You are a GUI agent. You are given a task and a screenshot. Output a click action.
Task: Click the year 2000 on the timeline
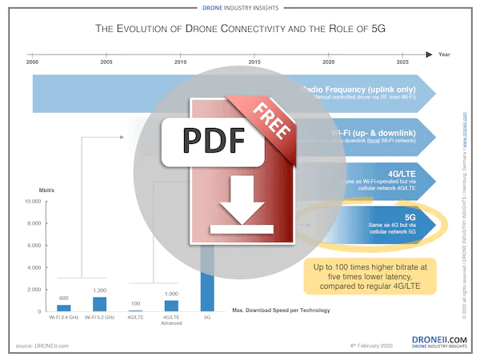pos(32,62)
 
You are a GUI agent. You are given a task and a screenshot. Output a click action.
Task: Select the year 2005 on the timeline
pos(106,62)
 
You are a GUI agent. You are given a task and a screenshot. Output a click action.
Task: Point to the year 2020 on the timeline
pos(328,62)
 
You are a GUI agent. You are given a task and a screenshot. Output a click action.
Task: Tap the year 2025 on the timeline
pos(402,62)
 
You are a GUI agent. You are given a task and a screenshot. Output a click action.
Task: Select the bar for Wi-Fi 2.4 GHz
pos(63,307)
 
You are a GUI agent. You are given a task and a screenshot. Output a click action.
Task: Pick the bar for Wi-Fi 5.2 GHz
pos(99,303)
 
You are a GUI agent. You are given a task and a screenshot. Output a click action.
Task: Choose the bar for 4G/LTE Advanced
pos(171,305)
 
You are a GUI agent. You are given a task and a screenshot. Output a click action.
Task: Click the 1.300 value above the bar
pos(99,290)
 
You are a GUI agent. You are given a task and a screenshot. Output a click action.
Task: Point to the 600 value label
pos(63,298)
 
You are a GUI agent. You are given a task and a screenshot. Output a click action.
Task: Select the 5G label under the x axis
pos(208,318)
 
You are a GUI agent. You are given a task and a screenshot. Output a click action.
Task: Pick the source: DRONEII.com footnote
pos(42,345)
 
